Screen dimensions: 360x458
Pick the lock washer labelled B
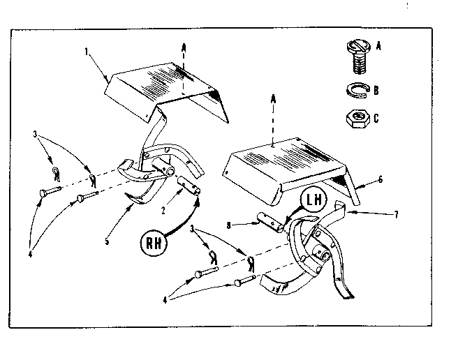[357, 89]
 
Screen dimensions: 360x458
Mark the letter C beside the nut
[378, 117]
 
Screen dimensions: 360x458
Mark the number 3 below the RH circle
[199, 230]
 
